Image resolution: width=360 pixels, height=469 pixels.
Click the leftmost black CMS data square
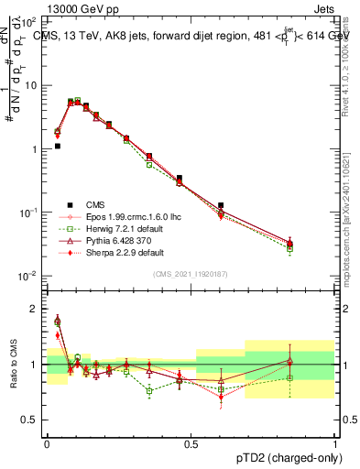pyautogui.click(x=57, y=146)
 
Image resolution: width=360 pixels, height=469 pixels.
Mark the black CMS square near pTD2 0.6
pyautogui.click(x=221, y=206)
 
